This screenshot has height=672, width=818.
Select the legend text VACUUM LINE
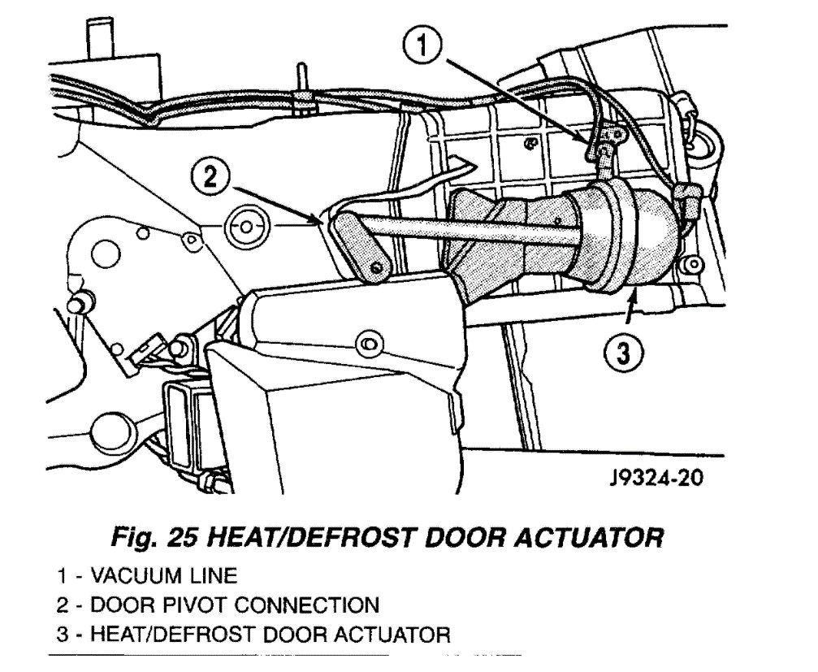point(165,577)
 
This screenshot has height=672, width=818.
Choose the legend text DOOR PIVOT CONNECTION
point(235,605)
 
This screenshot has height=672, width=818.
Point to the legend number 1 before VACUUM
point(62,577)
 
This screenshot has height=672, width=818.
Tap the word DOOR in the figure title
point(478,538)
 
